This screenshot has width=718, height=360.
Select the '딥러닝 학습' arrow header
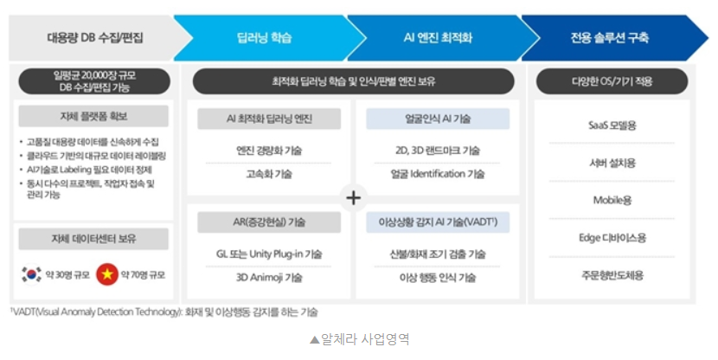(264, 37)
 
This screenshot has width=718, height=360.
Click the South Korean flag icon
(31, 274)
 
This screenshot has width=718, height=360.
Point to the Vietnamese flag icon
(107, 274)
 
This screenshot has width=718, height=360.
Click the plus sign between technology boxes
(353, 197)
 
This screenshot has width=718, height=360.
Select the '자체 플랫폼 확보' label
(94, 116)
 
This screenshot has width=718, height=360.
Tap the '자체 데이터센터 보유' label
(94, 237)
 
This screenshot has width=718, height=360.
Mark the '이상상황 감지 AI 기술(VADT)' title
(438, 222)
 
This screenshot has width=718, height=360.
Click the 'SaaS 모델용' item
(612, 125)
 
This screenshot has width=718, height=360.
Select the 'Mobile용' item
(612, 200)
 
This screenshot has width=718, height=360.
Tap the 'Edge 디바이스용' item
(612, 237)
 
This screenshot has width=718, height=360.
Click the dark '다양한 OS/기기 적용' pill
(612, 81)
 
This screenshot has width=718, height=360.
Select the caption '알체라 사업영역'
(359, 338)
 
